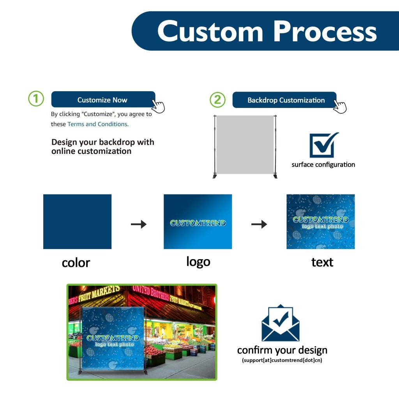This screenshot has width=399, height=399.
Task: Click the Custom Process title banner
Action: (x=267, y=31)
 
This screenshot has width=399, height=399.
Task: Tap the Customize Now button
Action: (x=103, y=100)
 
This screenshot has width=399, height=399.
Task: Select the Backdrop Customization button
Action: (x=285, y=100)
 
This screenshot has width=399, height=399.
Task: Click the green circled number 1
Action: (x=36, y=99)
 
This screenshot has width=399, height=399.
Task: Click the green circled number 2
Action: (x=217, y=100)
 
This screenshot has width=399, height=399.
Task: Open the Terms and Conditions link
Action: (x=98, y=124)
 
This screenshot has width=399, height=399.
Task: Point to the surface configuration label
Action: (x=323, y=164)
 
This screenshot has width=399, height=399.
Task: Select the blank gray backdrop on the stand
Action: (x=245, y=145)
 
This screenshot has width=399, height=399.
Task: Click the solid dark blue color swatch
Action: (x=77, y=221)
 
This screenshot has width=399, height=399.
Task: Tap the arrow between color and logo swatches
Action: (x=138, y=224)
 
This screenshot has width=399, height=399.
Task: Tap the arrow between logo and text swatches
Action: (x=259, y=224)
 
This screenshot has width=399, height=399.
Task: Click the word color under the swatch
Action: (x=76, y=263)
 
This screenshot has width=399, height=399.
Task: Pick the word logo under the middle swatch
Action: (x=198, y=261)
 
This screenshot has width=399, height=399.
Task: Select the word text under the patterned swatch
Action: (x=322, y=262)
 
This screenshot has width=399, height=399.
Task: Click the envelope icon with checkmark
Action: (x=281, y=323)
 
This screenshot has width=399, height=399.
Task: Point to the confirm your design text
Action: (x=282, y=350)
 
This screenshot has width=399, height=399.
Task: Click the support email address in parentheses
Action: (x=282, y=360)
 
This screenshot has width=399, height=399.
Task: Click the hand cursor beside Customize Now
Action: (x=158, y=106)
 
